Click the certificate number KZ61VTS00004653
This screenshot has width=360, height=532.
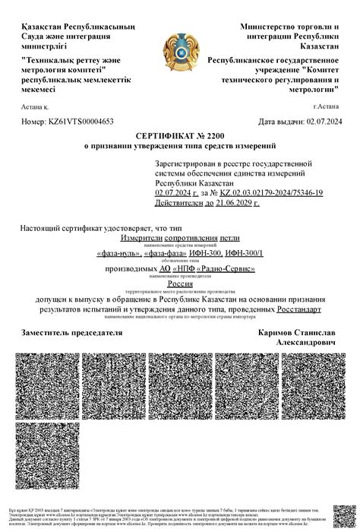[x=81, y=121]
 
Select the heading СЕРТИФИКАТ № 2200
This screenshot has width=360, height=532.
[x=179, y=135]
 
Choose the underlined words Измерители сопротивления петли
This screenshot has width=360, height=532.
[x=179, y=238]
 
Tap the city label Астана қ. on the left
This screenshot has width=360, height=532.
[x=36, y=107]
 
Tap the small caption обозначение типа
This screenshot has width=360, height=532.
[x=179, y=261]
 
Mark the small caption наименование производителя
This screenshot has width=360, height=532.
[x=179, y=277]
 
